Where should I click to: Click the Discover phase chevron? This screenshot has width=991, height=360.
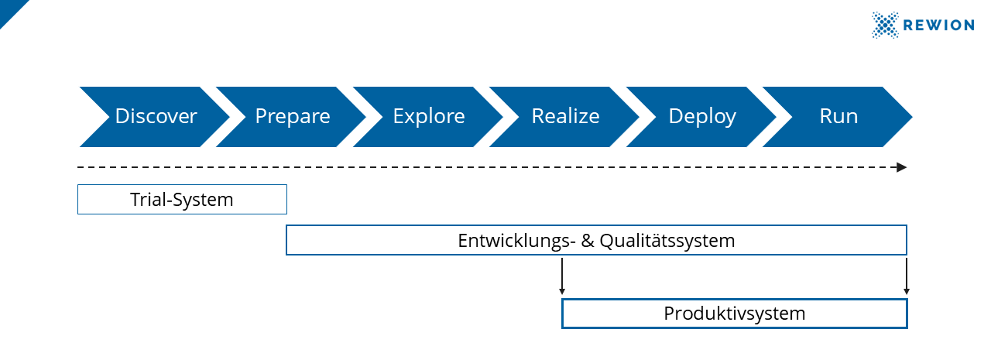[156, 117]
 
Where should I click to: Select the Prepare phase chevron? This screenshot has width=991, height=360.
[293, 117]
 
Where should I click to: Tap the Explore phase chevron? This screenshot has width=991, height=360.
[429, 117]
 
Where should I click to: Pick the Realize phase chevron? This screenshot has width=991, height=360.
[565, 117]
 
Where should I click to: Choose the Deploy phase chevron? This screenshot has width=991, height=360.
[702, 117]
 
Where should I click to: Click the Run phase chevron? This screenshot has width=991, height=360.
[838, 117]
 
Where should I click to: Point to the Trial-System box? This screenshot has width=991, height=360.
[182, 199]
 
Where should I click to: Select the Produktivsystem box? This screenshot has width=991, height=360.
[734, 314]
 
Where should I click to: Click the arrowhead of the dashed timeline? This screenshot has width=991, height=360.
[901, 167]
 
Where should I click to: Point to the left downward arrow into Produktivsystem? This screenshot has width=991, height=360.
[562, 276]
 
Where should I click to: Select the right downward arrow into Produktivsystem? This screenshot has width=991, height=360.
[907, 276]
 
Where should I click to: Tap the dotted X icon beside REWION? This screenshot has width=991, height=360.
[885, 25]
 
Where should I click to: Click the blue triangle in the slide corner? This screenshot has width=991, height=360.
[9, 9]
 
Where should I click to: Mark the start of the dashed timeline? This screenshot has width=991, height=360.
[80, 167]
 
